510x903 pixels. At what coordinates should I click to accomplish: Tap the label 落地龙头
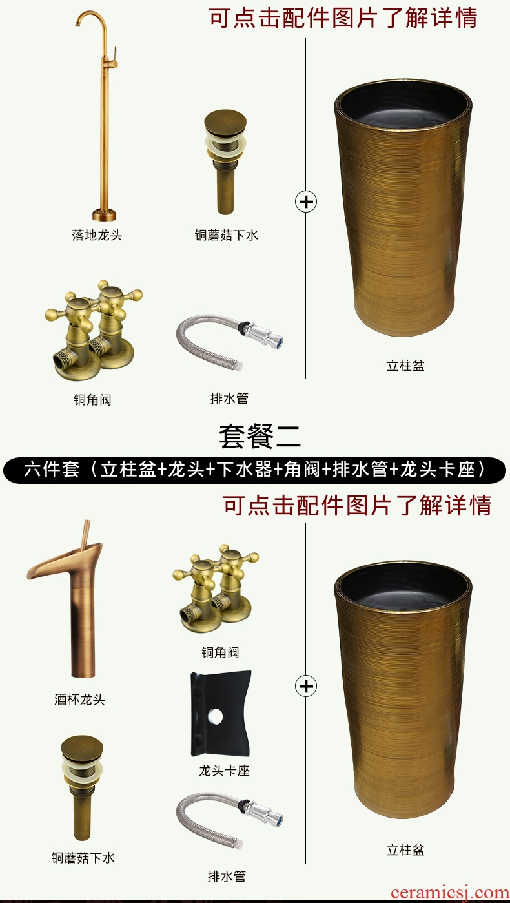coord(97,235)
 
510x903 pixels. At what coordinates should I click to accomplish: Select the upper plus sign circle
coord(306,202)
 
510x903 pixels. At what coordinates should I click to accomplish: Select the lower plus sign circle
coord(306,686)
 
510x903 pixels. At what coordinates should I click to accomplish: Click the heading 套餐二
coord(260,437)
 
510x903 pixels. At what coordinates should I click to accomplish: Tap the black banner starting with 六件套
coord(254,470)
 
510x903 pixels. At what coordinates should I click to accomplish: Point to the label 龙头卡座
coord(225,771)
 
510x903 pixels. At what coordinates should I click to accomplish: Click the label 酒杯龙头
coord(80,700)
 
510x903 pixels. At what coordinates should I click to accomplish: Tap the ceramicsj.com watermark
coord(450,892)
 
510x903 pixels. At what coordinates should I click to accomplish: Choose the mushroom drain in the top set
coord(225,163)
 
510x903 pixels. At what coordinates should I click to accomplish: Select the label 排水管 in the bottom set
coord(227,876)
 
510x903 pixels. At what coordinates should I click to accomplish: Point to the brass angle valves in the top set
coord(94,330)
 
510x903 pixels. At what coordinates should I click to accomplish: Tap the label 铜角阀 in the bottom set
coord(220,652)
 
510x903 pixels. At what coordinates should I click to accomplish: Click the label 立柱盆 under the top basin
coord(405,366)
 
